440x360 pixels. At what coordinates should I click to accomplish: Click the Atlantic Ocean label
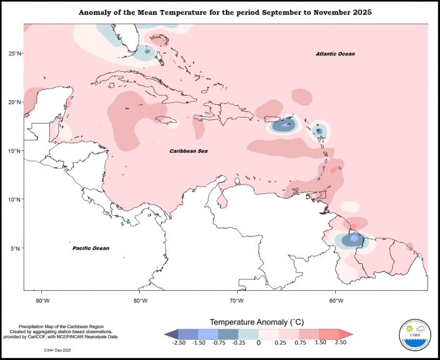point(335,54)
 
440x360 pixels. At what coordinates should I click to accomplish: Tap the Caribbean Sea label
point(189,151)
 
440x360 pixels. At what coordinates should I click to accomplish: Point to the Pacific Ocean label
point(90,248)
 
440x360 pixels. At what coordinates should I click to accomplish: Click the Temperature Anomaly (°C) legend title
point(258,321)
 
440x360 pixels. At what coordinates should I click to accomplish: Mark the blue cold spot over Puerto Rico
point(286,125)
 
